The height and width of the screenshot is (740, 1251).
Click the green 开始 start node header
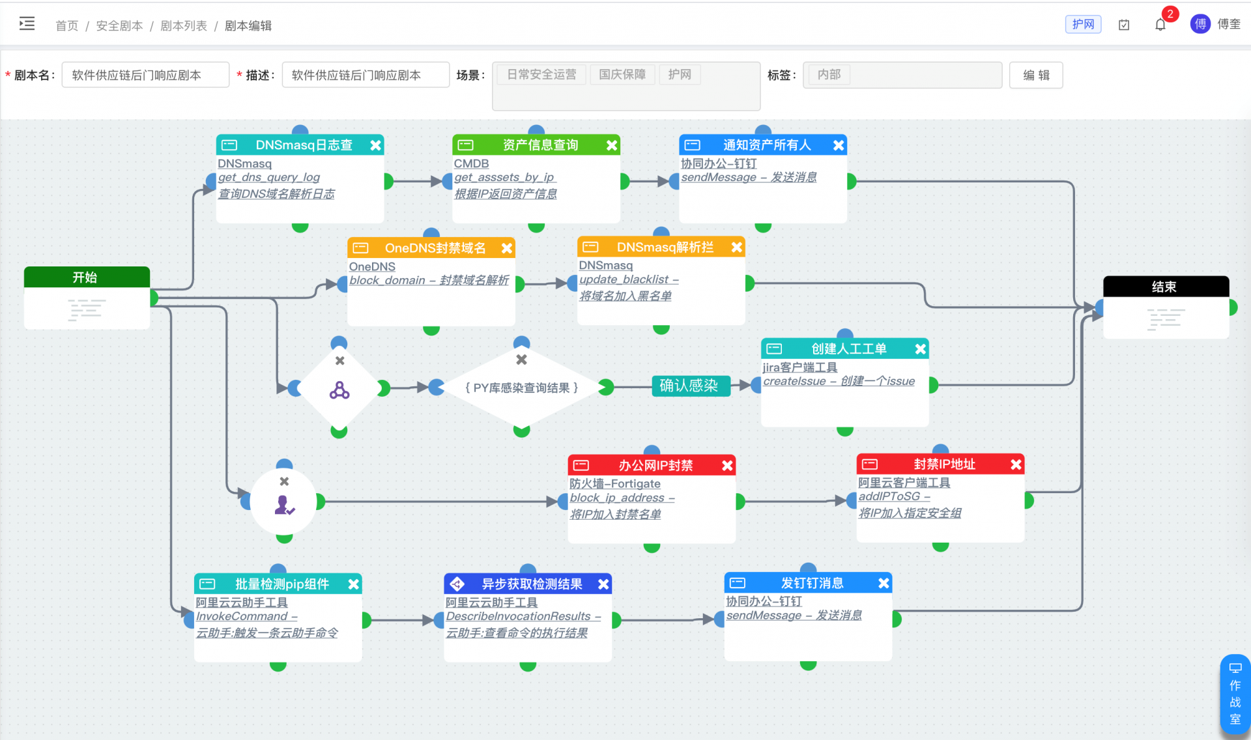point(87,277)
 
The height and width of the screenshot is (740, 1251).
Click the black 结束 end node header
point(1166,287)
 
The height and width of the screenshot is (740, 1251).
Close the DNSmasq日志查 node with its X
point(375,145)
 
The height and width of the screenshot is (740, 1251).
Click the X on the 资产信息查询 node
point(612,145)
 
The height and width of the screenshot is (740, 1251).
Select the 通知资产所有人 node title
point(767,145)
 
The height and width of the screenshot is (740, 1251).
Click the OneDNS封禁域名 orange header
point(431,248)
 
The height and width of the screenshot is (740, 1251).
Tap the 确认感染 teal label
point(689,386)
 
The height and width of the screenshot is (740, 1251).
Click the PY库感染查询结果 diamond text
point(521,388)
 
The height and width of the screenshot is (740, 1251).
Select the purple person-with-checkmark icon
point(285,505)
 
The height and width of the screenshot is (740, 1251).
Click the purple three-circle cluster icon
point(339,390)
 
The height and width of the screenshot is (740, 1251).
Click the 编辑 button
point(1036,75)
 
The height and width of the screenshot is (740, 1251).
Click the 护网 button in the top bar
point(1083,24)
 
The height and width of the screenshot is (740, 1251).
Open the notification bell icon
point(1160,25)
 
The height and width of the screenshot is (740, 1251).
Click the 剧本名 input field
point(145,75)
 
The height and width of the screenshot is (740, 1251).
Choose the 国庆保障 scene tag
point(622,74)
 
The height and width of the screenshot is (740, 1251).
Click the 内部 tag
point(829,74)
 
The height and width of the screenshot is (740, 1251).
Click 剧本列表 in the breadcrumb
point(184,25)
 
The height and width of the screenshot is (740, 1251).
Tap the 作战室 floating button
point(1235,694)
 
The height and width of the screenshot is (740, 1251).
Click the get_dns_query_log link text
point(268,177)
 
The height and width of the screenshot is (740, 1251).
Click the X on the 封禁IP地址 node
point(1016,464)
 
